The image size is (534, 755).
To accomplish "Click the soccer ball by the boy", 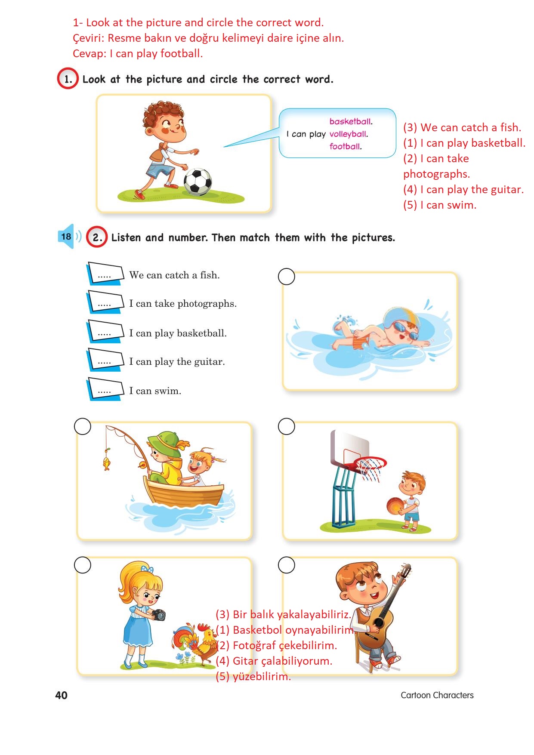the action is pos(198,182).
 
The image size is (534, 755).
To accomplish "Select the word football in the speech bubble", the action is pos(346,147).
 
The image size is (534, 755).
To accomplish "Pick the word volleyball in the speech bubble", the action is pos(349,134).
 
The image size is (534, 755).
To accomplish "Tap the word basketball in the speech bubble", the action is pos(351,122).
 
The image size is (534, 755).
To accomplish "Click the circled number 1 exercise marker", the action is pos(68,79).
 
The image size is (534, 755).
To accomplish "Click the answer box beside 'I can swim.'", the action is pos(105,389).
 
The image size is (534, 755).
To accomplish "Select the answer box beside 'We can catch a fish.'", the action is pos(105,274).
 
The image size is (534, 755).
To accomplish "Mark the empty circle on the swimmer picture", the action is pos(287,277).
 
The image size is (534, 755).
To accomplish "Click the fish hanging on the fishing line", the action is pos(106,463).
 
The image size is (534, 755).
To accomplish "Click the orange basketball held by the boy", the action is pos(395,505).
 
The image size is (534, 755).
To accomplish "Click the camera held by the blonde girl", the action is pos(159,615).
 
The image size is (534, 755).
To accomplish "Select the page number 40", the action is pos(62,695).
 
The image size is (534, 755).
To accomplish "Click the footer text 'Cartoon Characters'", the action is pos(437,695).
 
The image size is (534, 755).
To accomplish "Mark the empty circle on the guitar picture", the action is pos(287,565).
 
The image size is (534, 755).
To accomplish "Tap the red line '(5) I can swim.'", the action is pos(440,205).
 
